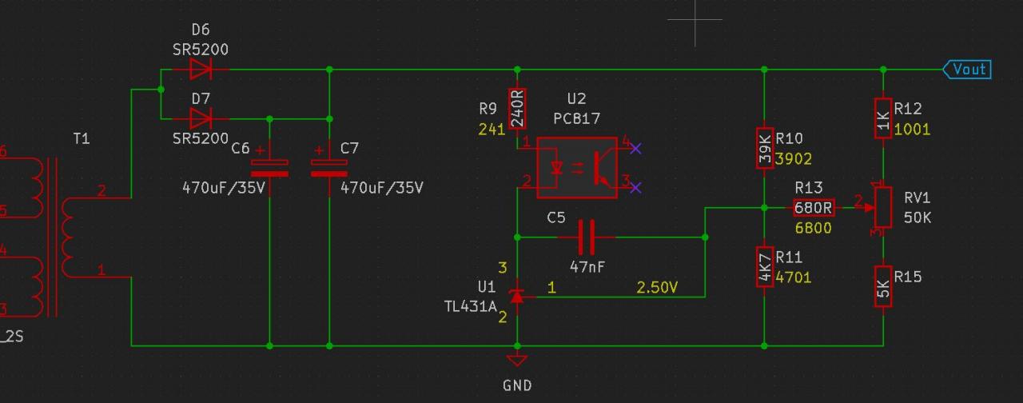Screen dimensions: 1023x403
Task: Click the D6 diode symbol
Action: pos(201,70)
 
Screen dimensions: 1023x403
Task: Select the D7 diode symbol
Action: pos(201,119)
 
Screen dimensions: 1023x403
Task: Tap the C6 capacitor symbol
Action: pos(269,168)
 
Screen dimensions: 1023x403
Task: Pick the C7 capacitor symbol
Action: pos(329,168)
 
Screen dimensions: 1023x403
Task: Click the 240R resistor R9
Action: pos(517,109)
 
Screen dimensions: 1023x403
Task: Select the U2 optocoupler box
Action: pos(576,168)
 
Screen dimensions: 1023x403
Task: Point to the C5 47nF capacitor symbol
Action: pos(587,237)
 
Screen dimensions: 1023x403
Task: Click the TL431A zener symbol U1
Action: pos(517,296)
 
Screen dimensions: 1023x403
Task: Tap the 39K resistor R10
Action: pos(765,148)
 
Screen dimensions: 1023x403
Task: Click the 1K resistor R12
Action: pos(883,118)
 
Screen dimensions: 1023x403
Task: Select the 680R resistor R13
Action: pos(814,208)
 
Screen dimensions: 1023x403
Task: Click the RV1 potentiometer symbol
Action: pos(883,207)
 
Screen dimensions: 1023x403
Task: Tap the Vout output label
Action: pos(968,70)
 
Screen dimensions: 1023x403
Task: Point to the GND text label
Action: pos(517,385)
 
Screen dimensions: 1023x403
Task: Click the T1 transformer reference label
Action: pos(82,139)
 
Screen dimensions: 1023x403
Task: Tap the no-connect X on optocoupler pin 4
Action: pos(635,148)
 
